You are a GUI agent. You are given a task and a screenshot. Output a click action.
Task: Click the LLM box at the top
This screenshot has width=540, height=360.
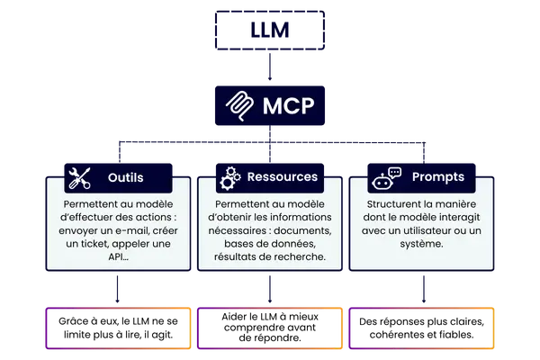click(269, 33)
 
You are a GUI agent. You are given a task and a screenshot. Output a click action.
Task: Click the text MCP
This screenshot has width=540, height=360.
click(289, 106)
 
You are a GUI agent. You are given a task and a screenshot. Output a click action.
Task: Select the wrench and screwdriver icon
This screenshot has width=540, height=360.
click(78, 177)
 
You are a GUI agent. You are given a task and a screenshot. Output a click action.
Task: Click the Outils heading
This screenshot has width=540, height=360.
click(125, 177)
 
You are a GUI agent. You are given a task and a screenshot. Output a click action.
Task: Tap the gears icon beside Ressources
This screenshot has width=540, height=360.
click(230, 177)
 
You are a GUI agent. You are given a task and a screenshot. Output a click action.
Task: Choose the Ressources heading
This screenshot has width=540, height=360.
click(283, 177)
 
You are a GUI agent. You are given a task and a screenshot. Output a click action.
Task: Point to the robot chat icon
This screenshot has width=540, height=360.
click(386, 177)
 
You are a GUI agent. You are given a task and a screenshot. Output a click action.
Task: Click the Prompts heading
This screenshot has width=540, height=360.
click(438, 177)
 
